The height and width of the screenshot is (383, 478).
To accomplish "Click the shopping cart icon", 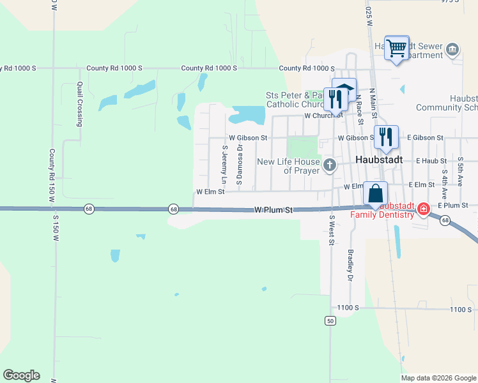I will point(397,47).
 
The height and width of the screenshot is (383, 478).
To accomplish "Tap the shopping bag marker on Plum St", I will point(376,193).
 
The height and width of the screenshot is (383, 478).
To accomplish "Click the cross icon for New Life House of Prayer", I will point(330,166).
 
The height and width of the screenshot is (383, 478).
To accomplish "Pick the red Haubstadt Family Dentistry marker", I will point(423,209).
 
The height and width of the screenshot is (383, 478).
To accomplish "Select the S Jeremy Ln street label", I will point(224,162).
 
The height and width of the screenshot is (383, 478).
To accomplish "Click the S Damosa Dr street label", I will point(239,165).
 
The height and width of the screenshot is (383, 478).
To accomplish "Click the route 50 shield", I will point(330,320).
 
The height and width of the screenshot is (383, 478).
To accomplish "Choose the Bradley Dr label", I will point(350,264).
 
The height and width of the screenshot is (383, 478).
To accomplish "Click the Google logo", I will point(21,375).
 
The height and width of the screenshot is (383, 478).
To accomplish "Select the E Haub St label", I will point(429,161).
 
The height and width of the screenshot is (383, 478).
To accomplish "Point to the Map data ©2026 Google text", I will point(438,378).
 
